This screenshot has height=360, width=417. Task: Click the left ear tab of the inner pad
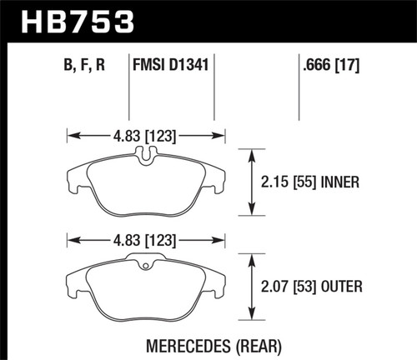(x=72, y=175)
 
